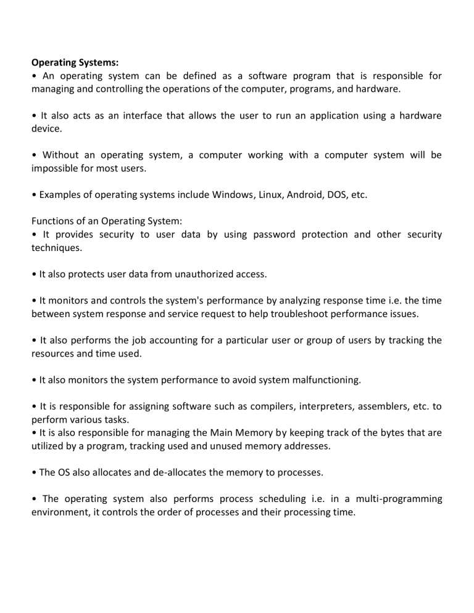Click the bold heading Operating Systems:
point(75,62)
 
